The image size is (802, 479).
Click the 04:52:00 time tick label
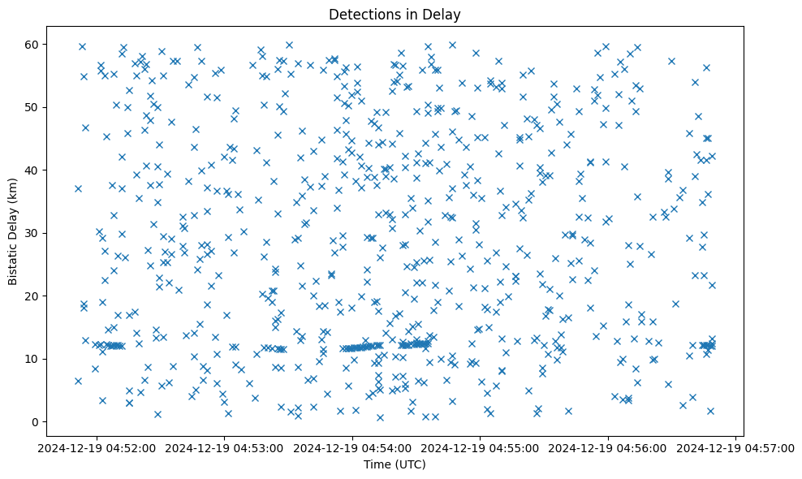[x=97, y=447]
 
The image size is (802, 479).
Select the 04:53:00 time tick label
[x=225, y=447]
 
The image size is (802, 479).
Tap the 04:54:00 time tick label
[x=352, y=447]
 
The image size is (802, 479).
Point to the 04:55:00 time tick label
[x=481, y=447]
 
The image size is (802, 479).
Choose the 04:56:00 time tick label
[x=608, y=447]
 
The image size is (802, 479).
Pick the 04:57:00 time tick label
[x=735, y=447]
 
